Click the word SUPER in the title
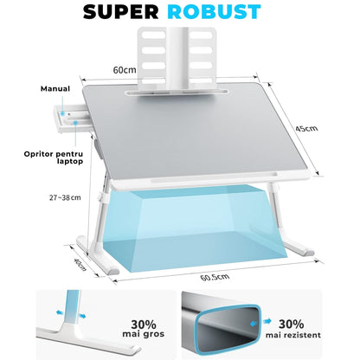120,12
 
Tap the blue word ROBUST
214,12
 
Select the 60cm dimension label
125,70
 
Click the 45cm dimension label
306,128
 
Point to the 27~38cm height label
65,197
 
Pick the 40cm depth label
80,264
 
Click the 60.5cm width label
215,277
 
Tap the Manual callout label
55,88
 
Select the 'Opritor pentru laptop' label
54,157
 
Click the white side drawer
72,119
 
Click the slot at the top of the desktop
177,93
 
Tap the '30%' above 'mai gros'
144,325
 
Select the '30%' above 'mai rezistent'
291,325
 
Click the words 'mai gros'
144,334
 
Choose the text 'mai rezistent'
293,335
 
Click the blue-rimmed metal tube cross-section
222,325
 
